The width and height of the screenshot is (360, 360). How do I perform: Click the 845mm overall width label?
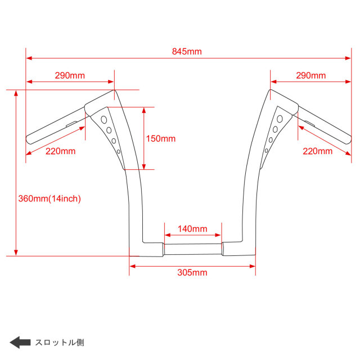coord(187,51)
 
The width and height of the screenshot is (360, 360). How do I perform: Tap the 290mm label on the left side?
coord(70,75)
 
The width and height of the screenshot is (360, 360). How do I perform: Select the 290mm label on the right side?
coord(311,75)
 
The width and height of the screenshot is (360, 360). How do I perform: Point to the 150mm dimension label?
coord(161,139)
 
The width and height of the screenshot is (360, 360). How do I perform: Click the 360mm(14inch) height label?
coord(49,199)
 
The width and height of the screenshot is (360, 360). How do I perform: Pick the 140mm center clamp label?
coord(192,229)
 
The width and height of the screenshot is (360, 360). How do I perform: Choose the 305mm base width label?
coord(192,272)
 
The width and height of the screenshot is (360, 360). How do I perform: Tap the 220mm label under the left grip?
coord(61,151)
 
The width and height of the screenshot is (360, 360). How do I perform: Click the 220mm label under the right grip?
coord(318,151)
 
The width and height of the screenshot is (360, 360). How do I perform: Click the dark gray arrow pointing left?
coord(20,343)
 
